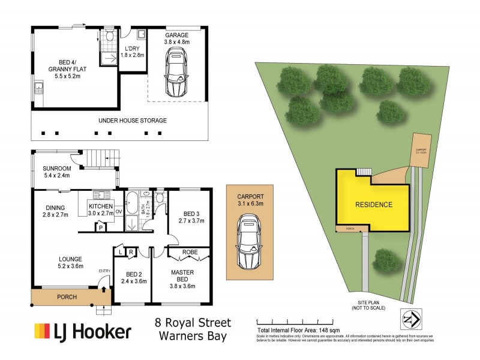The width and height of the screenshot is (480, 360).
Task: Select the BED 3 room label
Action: (x=190, y=217)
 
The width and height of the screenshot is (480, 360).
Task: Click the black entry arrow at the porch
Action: (x=105, y=289)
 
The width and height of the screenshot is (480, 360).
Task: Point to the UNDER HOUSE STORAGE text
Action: (x=133, y=121)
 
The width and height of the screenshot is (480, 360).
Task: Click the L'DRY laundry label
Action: (x=131, y=51)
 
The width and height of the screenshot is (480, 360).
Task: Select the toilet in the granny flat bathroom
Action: (x=109, y=37)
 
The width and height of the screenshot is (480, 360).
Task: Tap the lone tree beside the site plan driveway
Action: (x=383, y=259)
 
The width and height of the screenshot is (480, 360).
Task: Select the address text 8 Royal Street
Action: (x=193, y=323)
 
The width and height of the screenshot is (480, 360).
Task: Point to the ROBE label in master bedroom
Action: (x=190, y=253)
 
